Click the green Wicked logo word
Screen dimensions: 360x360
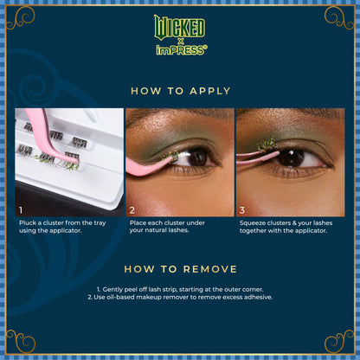(180, 25)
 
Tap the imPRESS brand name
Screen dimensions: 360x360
(180, 50)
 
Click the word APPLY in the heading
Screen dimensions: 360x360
(208, 91)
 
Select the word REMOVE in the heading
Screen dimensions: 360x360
(205, 269)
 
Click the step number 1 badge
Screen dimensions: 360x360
(21, 209)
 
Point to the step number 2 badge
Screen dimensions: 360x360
(132, 209)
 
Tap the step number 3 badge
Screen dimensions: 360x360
(243, 209)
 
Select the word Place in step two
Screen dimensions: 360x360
(138, 223)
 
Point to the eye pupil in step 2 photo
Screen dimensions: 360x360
(197, 157)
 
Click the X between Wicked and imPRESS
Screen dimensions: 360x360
(180, 40)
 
